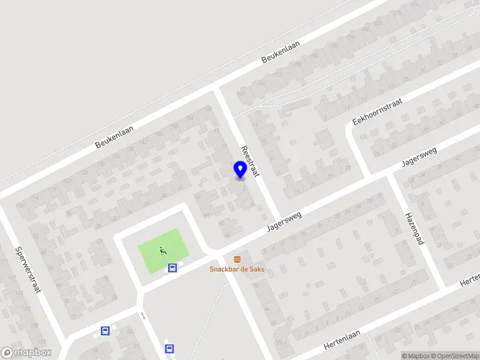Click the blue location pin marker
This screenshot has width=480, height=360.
click(x=241, y=169)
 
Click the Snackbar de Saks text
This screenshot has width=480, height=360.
click(x=237, y=269)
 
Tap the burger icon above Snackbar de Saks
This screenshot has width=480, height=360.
click(x=237, y=259)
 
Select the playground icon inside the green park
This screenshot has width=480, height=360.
click(x=162, y=250)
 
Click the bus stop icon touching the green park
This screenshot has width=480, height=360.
click(x=172, y=268)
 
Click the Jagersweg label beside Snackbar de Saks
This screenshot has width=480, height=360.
click(x=286, y=222)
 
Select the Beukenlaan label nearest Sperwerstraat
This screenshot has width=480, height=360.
click(x=114, y=136)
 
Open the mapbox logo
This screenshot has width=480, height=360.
click(x=26, y=353)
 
